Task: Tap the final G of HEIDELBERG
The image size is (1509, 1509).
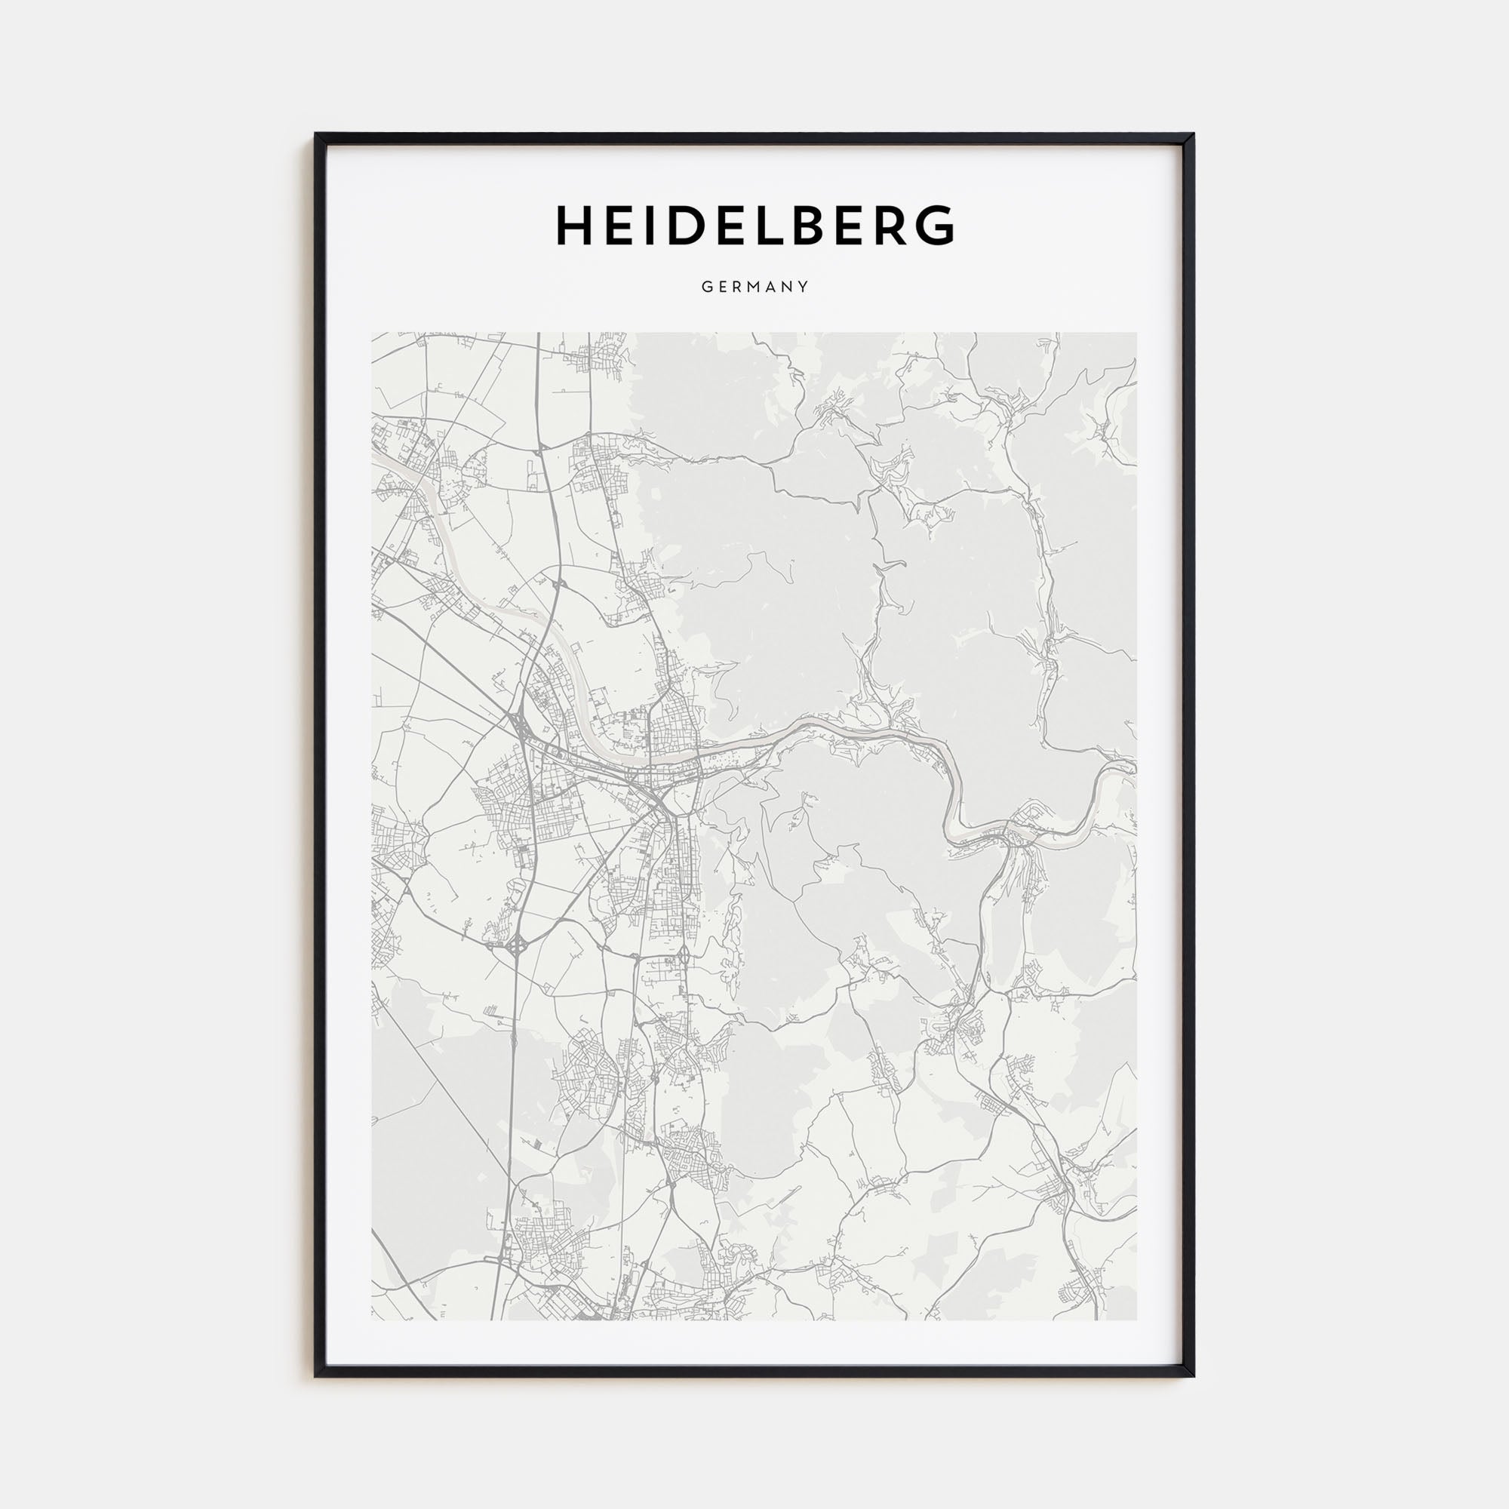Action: (x=934, y=226)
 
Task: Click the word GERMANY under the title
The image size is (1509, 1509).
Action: (x=754, y=287)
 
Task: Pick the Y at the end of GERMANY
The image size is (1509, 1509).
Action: (x=804, y=287)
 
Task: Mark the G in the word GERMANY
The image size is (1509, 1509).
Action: (x=705, y=287)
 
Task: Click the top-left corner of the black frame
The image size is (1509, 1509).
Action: (x=316, y=134)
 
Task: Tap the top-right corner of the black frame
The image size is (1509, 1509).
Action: (x=1193, y=134)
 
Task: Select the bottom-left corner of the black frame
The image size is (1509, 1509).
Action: (x=316, y=1375)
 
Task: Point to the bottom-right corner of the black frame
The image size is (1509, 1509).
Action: (x=1193, y=1375)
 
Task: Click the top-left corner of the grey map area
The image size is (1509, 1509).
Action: (x=373, y=333)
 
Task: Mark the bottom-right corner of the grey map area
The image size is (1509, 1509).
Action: (x=1136, y=1319)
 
